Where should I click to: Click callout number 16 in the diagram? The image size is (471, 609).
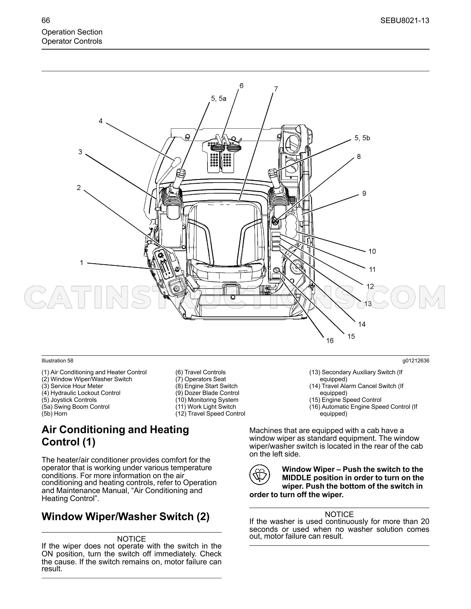point(330,341)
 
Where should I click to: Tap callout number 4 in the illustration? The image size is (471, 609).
point(100,121)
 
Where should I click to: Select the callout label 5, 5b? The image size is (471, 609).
point(362,138)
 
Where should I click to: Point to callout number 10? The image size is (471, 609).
point(372,251)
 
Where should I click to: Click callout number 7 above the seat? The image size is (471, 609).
point(276,89)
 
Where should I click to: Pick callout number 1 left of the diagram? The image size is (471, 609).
point(81,263)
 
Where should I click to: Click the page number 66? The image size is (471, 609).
point(46,20)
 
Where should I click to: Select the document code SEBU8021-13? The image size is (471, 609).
point(405,20)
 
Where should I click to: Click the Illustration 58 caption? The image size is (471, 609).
point(57,361)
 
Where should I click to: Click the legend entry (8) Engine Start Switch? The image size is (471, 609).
point(206,386)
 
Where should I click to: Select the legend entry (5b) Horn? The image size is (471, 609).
point(54,414)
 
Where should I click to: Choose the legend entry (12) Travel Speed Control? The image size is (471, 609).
point(210,414)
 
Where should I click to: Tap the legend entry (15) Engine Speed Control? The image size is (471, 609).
point(345,400)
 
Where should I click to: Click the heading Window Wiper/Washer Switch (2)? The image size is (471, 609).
point(126,516)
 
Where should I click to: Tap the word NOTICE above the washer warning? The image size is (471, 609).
point(339,514)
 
